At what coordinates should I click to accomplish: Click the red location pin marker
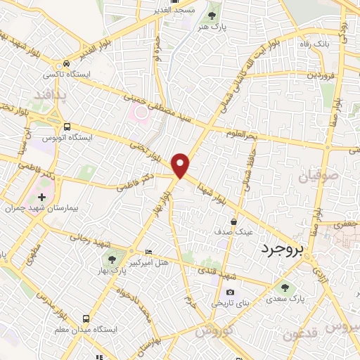(181, 165)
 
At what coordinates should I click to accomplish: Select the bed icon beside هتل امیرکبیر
(148, 252)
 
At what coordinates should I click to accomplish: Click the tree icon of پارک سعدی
(285, 286)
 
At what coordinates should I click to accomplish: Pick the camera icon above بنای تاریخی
(230, 292)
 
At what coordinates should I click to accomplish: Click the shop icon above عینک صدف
(233, 221)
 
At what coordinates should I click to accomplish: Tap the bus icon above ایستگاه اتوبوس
(66, 127)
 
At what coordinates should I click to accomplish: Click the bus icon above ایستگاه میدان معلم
(85, 318)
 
